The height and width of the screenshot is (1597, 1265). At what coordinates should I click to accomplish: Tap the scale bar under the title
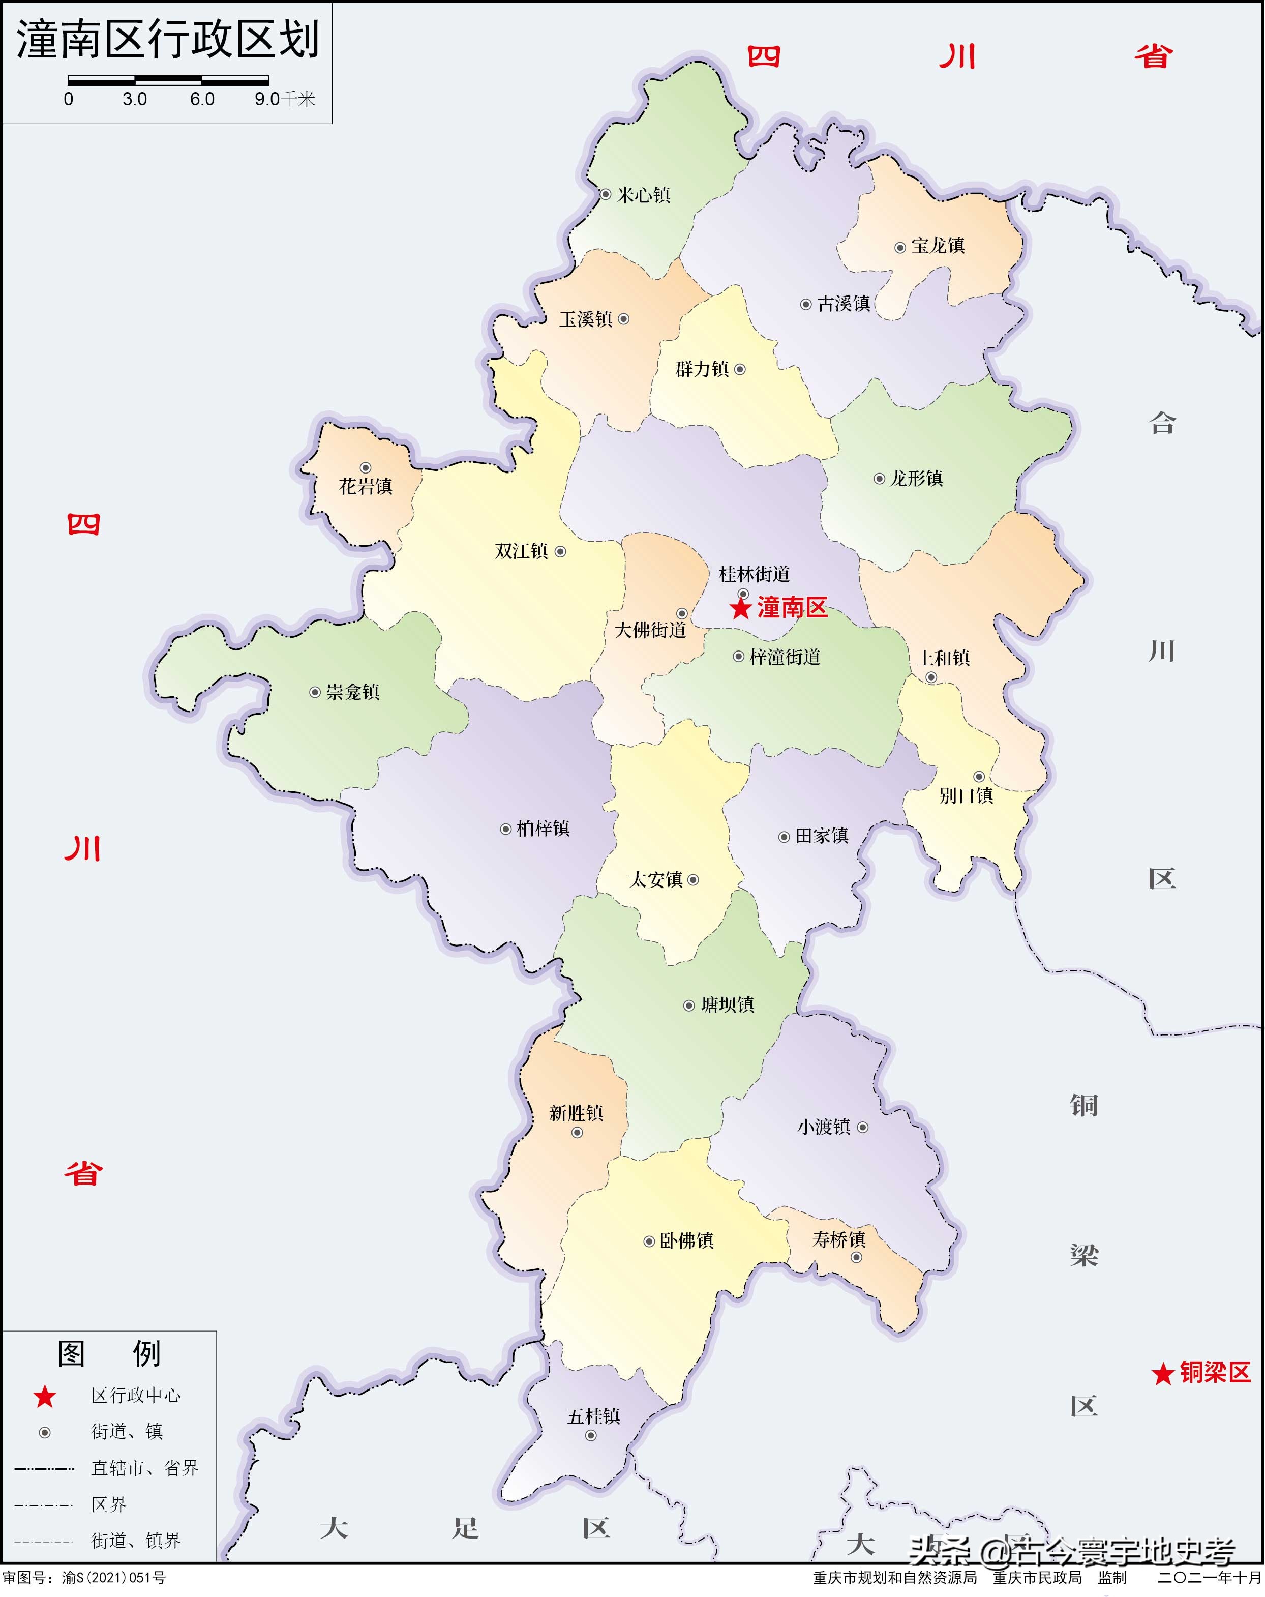(168, 80)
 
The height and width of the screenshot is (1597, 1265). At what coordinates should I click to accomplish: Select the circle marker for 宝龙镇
(900, 247)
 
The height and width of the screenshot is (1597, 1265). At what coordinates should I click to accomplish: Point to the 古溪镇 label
(844, 304)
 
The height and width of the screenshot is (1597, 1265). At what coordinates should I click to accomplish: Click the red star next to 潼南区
(740, 609)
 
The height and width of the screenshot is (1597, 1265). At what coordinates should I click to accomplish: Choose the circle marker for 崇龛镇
(315, 692)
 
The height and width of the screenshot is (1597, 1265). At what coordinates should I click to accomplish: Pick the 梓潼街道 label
(785, 657)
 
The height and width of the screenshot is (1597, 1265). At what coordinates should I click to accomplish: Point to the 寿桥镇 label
(839, 1239)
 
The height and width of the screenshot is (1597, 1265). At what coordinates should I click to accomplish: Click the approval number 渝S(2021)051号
(113, 1578)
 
